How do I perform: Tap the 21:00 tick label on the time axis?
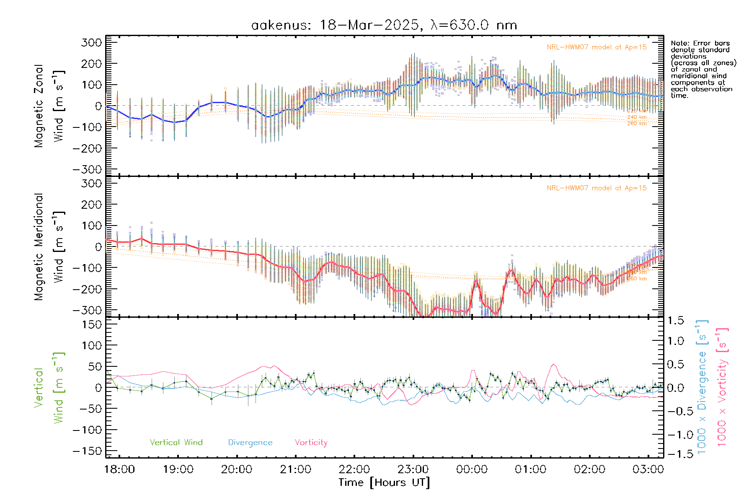(x=296, y=469)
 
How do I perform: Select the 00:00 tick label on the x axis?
(x=472, y=469)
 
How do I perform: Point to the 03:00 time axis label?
(x=648, y=469)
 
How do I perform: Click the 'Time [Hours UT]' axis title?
(x=384, y=482)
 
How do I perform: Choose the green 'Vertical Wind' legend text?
(x=176, y=442)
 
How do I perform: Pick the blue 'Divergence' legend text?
(x=250, y=442)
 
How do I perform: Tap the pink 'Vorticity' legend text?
(x=311, y=442)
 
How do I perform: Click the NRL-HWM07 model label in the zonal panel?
(x=596, y=47)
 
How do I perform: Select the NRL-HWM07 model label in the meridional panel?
(x=596, y=188)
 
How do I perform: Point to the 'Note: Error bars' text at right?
(x=700, y=43)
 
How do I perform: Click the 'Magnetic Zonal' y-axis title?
(x=39, y=106)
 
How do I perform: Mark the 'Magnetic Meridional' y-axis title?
(x=39, y=247)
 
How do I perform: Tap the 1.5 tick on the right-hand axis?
(x=676, y=321)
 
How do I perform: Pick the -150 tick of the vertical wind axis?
(x=87, y=451)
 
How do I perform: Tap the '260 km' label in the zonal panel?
(x=637, y=123)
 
